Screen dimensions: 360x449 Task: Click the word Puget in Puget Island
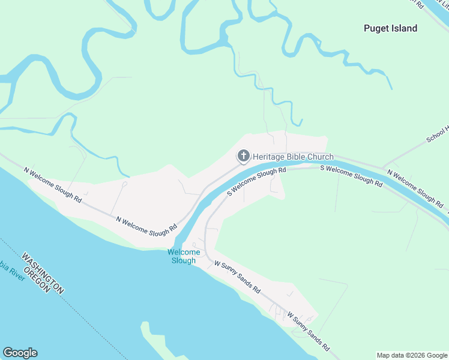click(376, 28)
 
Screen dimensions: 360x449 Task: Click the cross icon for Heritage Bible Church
click(243, 157)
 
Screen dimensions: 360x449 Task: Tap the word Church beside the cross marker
click(321, 157)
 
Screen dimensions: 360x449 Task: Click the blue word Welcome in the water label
click(184, 253)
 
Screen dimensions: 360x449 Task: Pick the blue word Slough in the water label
click(184, 260)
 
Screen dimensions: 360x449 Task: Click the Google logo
click(20, 353)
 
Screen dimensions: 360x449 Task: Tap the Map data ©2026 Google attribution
click(412, 355)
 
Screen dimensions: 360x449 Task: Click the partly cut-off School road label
click(438, 135)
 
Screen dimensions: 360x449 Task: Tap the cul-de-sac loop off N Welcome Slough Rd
click(125, 185)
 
